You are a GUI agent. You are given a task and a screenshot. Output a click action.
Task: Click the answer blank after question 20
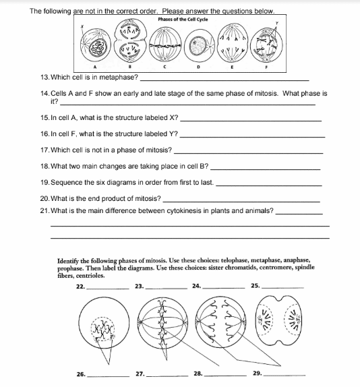point(241,200)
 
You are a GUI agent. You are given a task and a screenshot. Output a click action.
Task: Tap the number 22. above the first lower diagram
point(80,286)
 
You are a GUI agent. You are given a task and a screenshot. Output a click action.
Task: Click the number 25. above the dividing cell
point(255,286)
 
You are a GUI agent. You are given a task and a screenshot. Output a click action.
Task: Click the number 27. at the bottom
point(140,373)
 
